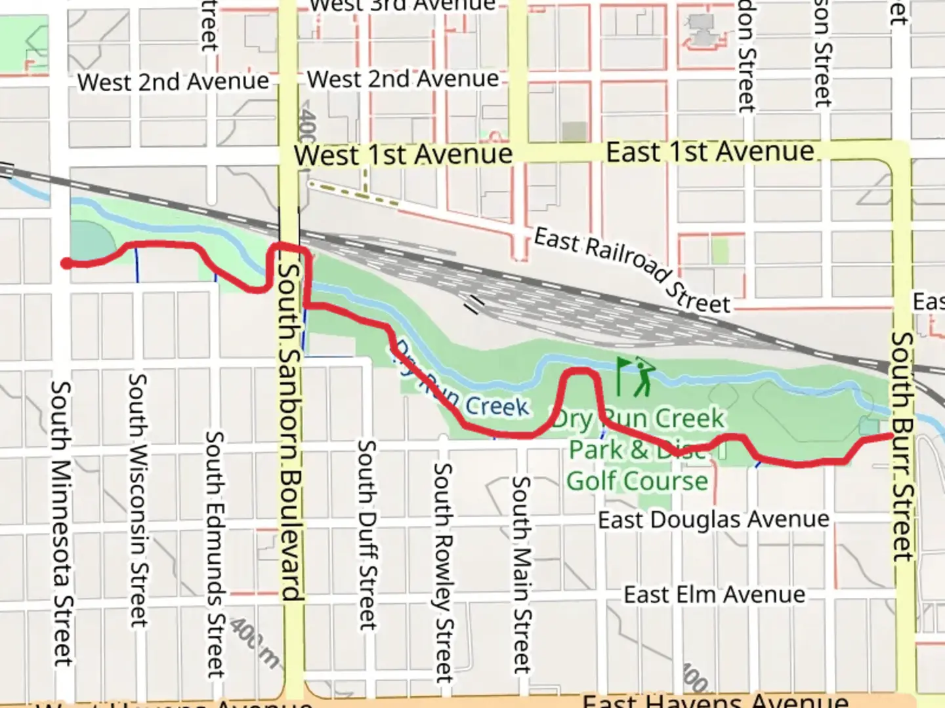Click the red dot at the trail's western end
click(x=66, y=264)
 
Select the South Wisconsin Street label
click(x=138, y=500)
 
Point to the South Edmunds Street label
click(x=215, y=554)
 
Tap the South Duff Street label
click(x=367, y=534)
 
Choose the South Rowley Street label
click(x=444, y=572)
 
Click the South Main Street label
click(x=521, y=574)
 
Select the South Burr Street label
click(x=902, y=446)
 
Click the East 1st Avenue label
click(x=709, y=152)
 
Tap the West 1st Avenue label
click(x=403, y=155)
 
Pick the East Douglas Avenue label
click(x=713, y=520)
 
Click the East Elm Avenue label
click(x=714, y=595)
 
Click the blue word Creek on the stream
click(x=497, y=406)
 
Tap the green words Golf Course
click(x=637, y=481)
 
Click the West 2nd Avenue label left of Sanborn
click(x=173, y=82)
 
